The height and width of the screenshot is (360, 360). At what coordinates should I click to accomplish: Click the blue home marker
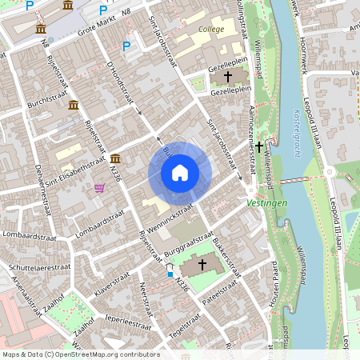tap(180, 173)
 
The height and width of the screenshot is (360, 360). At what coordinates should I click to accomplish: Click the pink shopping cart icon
tap(99, 188)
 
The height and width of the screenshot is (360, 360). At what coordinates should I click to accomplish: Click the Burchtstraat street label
tap(43, 104)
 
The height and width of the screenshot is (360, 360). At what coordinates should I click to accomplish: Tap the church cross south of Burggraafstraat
tap(202, 263)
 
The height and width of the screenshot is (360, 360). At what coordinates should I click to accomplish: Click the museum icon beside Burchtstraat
tap(73, 106)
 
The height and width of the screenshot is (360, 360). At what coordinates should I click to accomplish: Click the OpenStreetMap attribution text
tap(80, 354)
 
